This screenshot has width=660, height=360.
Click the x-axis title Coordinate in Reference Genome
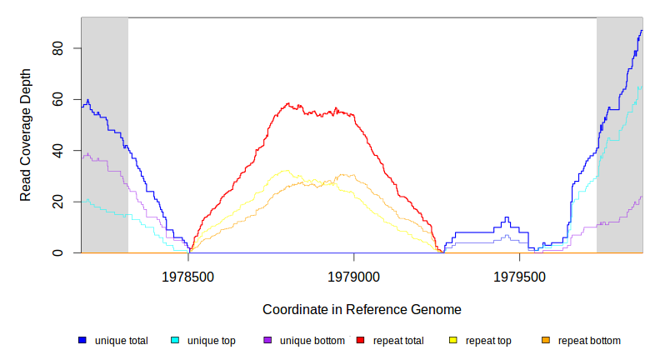pyautogui.click(x=362, y=309)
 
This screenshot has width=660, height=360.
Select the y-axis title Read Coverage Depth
pyautogui.click(x=26, y=135)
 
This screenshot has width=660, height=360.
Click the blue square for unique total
pyautogui.click(x=82, y=340)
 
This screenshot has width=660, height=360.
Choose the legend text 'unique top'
pyautogui.click(x=211, y=341)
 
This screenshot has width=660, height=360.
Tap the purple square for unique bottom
pyautogui.click(x=267, y=340)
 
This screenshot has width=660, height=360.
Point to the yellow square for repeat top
pyautogui.click(x=453, y=340)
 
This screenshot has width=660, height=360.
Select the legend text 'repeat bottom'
pyautogui.click(x=589, y=341)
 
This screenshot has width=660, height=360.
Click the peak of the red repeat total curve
pyautogui.click(x=288, y=104)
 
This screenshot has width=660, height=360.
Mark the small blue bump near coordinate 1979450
pyautogui.click(x=506, y=218)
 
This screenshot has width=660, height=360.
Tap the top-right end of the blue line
pyautogui.click(x=642, y=31)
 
